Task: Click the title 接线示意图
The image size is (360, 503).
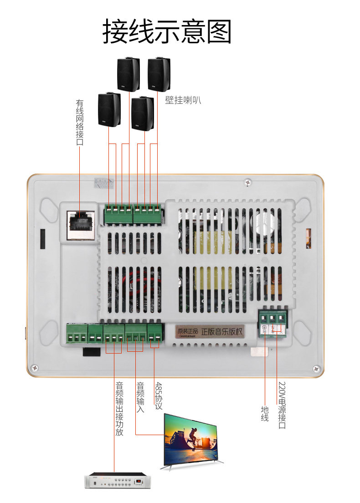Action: (167, 31)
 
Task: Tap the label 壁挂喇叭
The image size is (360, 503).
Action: (183, 100)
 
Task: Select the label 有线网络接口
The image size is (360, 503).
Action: (80, 123)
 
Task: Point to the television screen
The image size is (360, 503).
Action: (193, 440)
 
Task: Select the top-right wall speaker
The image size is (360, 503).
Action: (159, 74)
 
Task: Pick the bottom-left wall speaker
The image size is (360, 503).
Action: (109, 109)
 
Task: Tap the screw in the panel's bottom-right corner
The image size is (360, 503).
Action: (317, 368)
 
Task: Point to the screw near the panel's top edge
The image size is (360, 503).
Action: (247, 181)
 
